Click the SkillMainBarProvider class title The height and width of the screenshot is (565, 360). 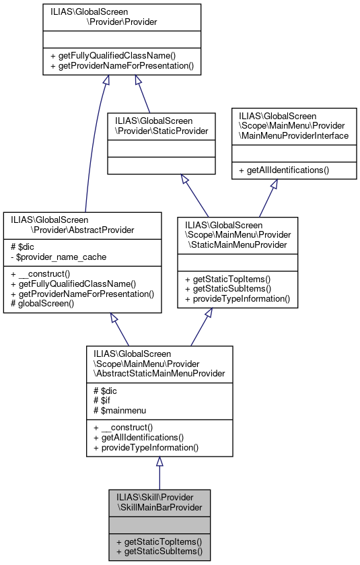pos(159,502)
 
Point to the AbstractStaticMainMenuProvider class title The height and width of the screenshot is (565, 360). pos(159,363)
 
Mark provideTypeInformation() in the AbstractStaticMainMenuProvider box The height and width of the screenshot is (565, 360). pos(146,446)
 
